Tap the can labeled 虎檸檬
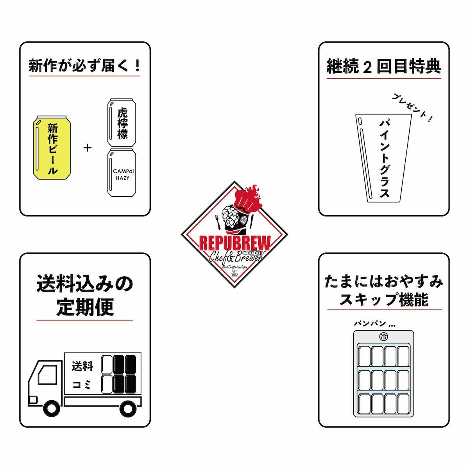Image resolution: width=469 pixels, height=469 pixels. (122, 122)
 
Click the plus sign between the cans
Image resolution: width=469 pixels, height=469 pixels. (88, 148)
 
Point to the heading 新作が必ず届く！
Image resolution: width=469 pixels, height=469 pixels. (84, 65)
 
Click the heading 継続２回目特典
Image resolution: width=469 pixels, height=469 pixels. (384, 67)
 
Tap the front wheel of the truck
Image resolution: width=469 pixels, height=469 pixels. (52, 408)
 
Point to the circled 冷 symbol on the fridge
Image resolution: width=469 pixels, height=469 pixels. (383, 337)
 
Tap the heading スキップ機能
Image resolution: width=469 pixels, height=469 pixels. (384, 300)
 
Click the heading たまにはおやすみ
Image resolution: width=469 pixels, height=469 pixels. (384, 281)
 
